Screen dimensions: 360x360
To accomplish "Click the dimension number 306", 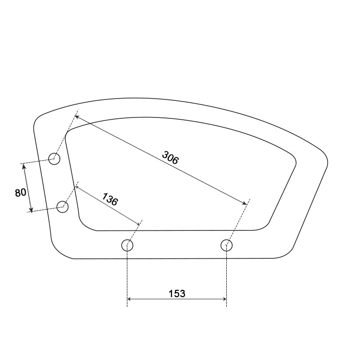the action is pyautogui.click(x=170, y=158).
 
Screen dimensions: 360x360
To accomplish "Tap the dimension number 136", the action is pyautogui.click(x=110, y=199).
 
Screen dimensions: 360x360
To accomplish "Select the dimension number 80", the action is pyautogui.click(x=20, y=193).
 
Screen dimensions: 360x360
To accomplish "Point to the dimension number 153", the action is pyautogui.click(x=177, y=293).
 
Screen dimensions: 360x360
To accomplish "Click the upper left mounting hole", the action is pyautogui.click(x=54, y=159).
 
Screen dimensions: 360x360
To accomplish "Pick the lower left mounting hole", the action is pyautogui.click(x=63, y=207).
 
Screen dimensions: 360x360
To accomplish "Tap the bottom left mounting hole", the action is pyautogui.click(x=127, y=245).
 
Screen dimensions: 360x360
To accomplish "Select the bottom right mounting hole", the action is pyautogui.click(x=227, y=245).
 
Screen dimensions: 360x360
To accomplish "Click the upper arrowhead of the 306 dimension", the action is pyautogui.click(x=77, y=117).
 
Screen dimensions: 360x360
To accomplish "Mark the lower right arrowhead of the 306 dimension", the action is pyautogui.click(x=244, y=202).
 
